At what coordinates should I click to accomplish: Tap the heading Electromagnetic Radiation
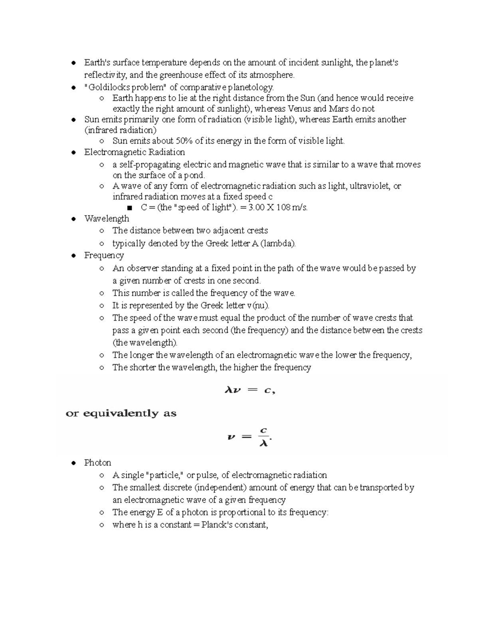135,152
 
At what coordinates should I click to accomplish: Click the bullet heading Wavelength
107,218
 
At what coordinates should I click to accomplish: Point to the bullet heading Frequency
104,255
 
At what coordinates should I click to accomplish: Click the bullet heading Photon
97,463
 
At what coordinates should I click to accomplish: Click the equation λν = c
250,391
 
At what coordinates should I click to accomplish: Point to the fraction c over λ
263,437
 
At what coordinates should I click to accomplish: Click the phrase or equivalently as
121,413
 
